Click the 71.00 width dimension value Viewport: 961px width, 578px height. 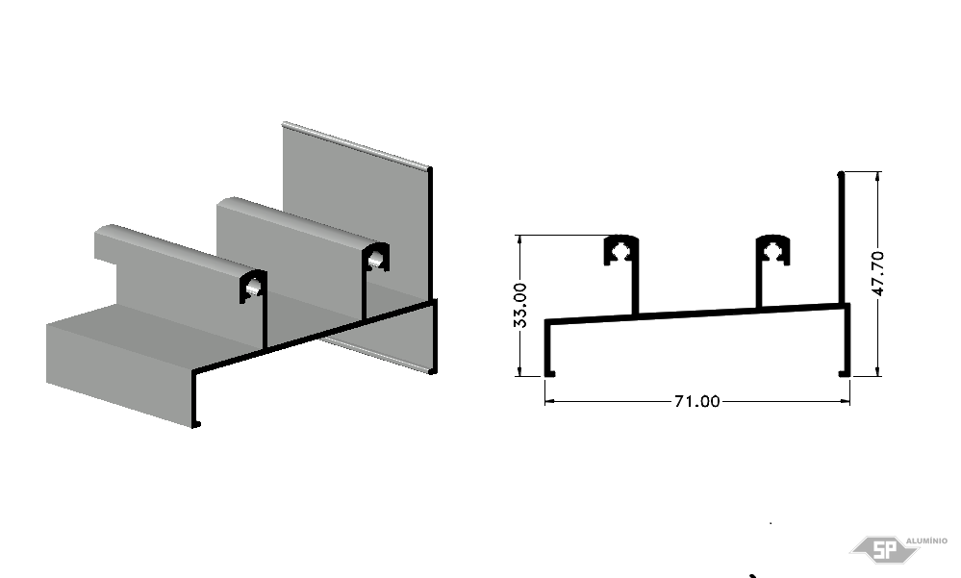pos(696,401)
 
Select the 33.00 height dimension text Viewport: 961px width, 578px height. pos(520,305)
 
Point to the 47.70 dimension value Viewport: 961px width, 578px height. pos(877,273)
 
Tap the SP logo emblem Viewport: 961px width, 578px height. pos(884,550)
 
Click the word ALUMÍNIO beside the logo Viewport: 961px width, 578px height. pos(926,540)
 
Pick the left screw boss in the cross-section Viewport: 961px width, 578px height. pos(622,250)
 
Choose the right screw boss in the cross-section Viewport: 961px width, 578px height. pos(772,250)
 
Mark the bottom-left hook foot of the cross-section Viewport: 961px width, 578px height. pos(549,372)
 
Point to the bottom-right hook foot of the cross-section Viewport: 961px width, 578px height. pos(845,372)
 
